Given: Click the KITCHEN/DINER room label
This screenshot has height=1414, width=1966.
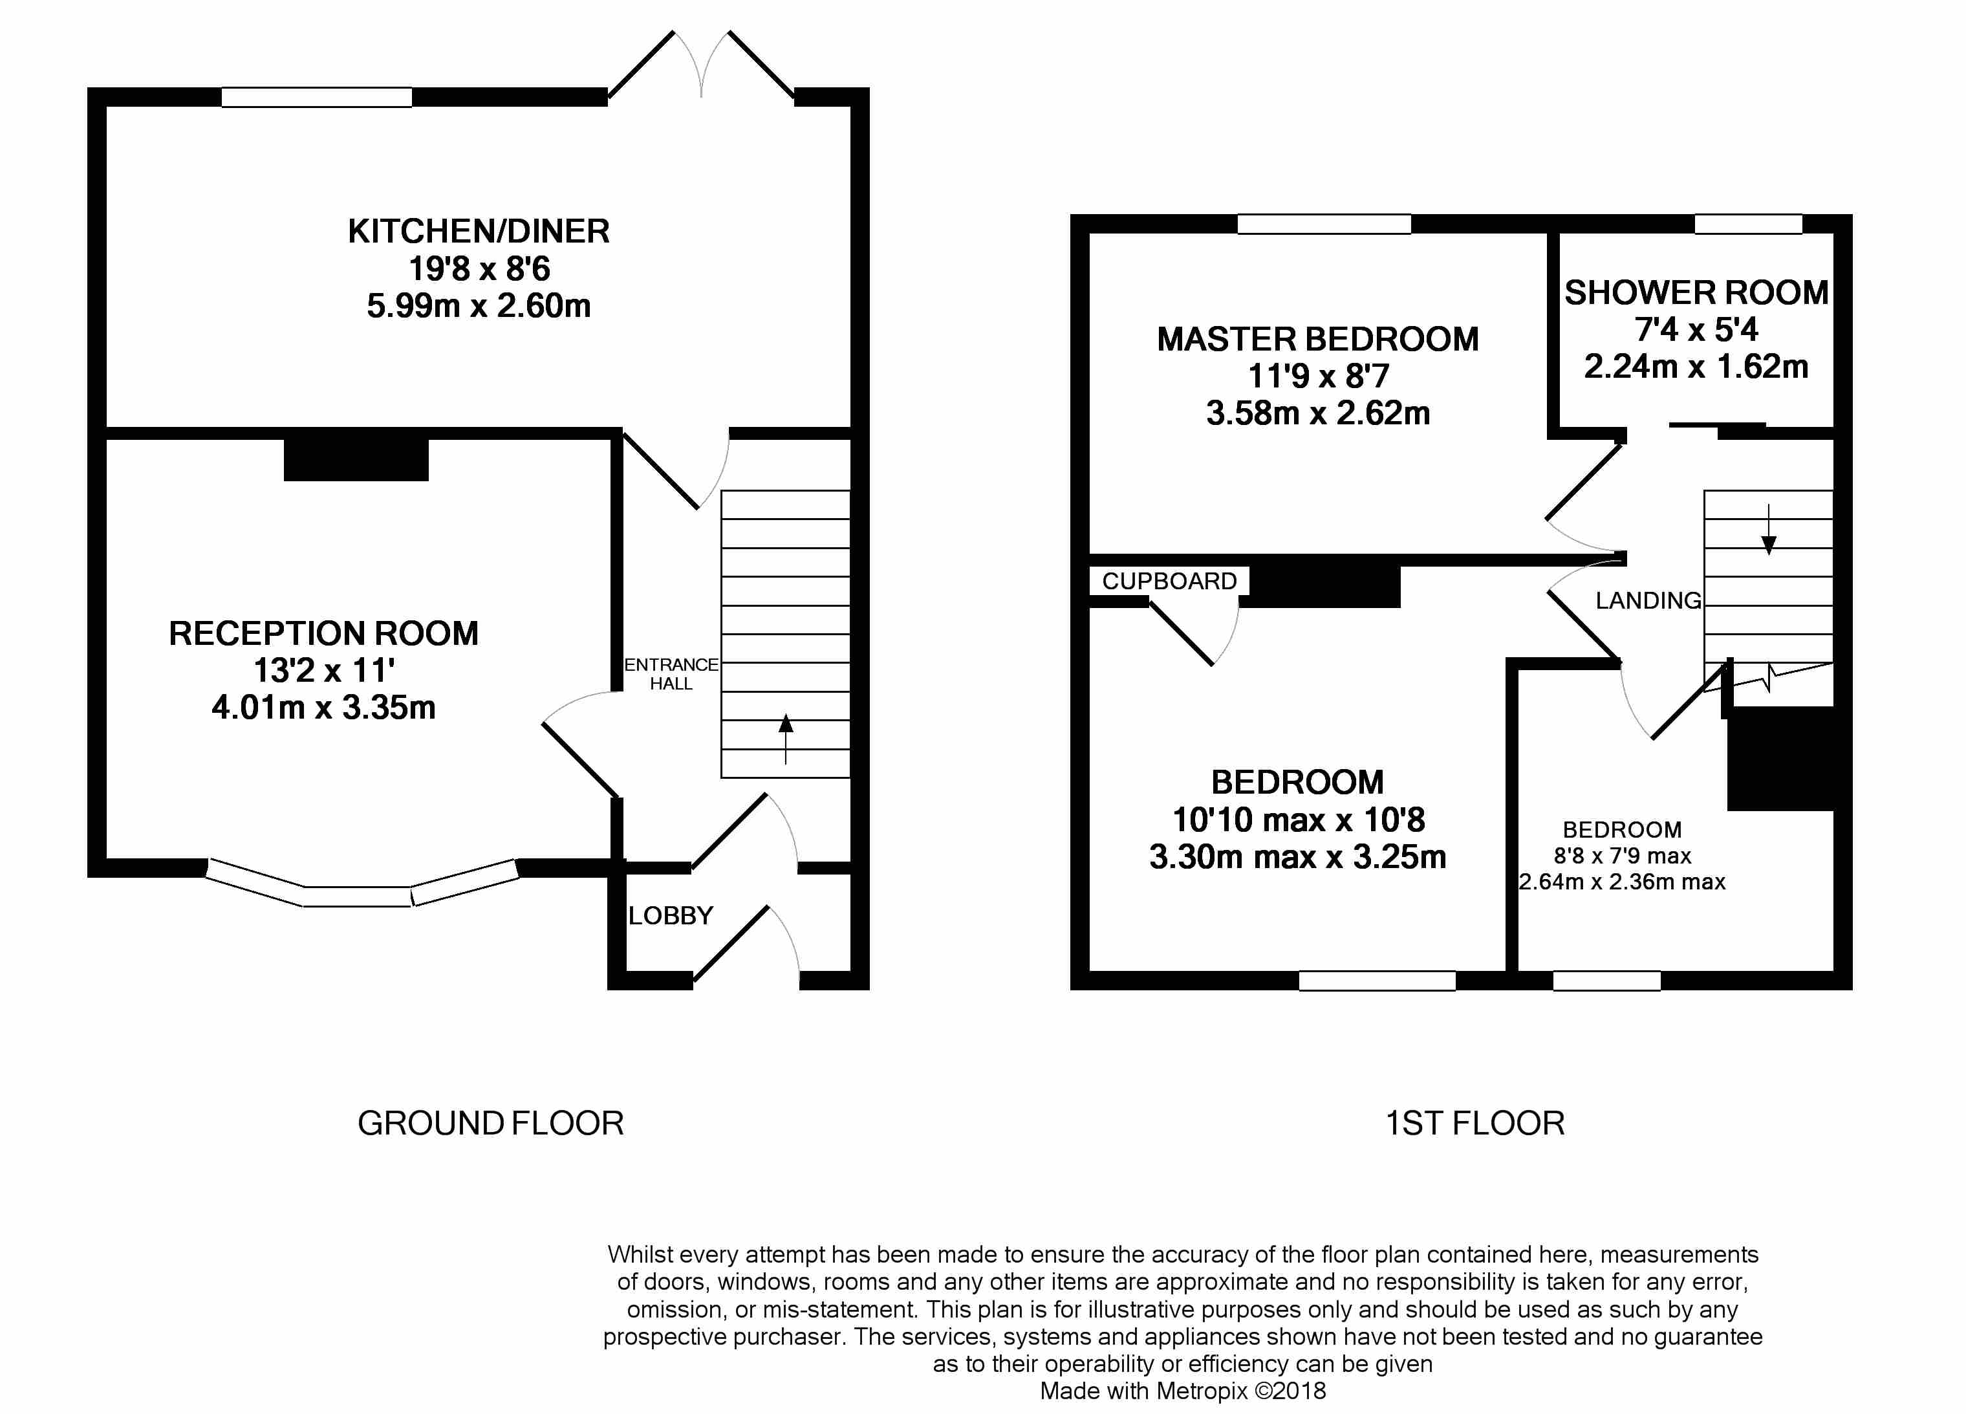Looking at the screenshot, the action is click(479, 232).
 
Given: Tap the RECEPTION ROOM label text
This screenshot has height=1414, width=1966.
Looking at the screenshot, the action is click(323, 634).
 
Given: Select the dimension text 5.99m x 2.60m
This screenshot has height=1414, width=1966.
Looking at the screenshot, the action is click(479, 306).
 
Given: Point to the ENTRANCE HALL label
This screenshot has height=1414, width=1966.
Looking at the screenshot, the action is click(671, 673).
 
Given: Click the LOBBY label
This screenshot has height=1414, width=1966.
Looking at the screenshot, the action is click(670, 915).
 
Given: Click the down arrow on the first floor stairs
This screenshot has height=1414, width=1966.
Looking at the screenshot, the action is click(1768, 529).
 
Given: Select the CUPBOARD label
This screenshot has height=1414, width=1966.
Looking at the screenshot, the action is click(1169, 581).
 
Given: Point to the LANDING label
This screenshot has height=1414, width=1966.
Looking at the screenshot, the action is click(1648, 601).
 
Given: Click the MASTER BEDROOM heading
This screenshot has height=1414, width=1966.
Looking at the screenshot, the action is click(1317, 339).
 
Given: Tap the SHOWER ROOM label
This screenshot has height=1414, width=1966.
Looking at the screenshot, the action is click(1696, 293).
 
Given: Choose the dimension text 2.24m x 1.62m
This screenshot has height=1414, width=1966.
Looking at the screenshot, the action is click(1696, 367).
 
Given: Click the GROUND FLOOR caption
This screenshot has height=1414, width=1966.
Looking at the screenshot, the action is click(491, 1124).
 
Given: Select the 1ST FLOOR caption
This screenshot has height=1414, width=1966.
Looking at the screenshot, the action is click(1474, 1124).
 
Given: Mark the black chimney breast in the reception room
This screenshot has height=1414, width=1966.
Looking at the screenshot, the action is click(356, 459).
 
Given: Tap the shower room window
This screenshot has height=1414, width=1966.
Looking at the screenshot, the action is click(1749, 224).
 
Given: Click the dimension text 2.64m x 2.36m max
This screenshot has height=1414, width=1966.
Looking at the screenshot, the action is click(1622, 882).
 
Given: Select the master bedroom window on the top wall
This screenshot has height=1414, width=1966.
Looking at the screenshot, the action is click(1324, 224).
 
